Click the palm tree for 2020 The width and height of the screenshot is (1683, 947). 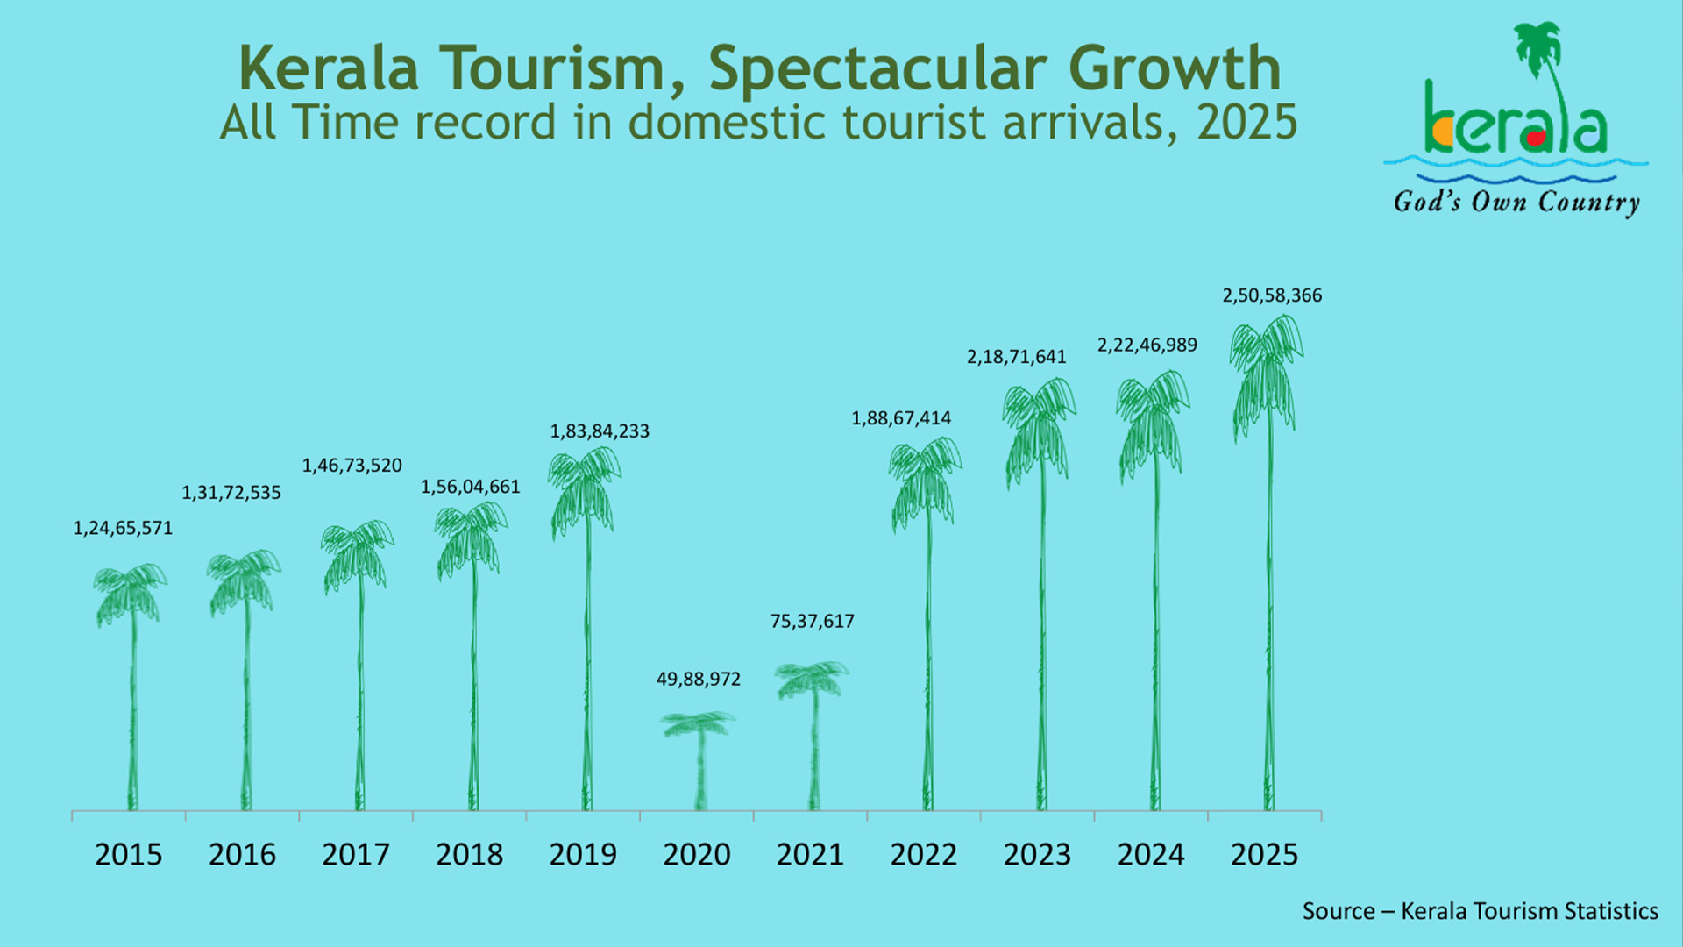click(x=699, y=761)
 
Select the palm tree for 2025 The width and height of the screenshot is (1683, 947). click(x=1268, y=561)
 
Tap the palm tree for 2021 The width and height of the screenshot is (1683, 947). click(x=813, y=737)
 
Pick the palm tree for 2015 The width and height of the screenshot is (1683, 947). click(x=132, y=688)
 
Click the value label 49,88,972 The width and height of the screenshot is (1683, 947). click(x=699, y=680)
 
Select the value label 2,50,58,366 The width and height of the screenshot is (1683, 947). click(x=1272, y=296)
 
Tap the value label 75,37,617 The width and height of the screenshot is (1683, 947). click(x=813, y=622)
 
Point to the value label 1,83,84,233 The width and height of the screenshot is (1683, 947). click(x=600, y=431)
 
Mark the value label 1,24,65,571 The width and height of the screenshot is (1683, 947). click(x=123, y=529)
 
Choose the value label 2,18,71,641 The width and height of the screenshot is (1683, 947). click(x=1017, y=357)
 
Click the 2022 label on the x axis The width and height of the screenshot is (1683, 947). click(x=924, y=854)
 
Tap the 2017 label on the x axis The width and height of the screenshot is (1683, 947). click(x=355, y=854)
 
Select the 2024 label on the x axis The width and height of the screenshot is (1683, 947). click(x=1151, y=854)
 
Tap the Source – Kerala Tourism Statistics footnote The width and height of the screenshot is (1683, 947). click(x=1481, y=911)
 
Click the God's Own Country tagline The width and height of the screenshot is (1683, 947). click(x=1517, y=203)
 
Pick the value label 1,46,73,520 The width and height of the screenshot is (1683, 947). click(x=352, y=466)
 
